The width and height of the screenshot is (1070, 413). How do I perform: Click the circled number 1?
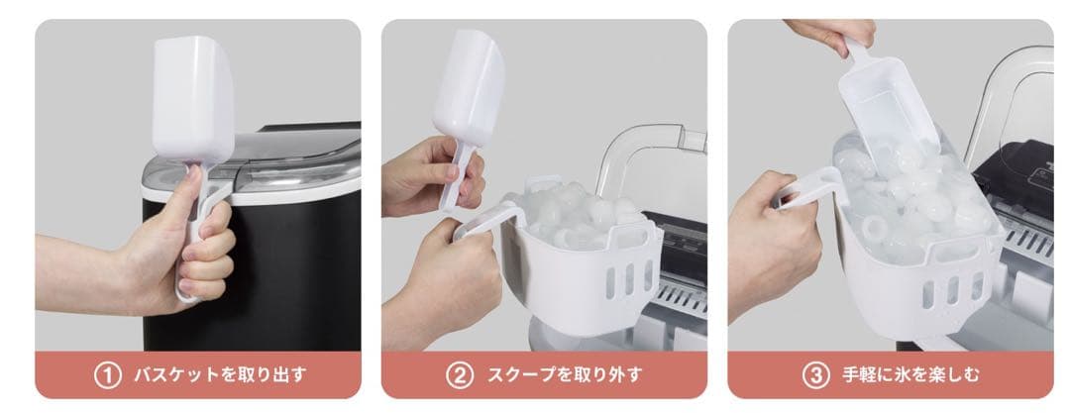pos(107,375)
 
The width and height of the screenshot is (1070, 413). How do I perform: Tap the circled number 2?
pos(459,375)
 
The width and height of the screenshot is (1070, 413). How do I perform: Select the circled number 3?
pos(813,375)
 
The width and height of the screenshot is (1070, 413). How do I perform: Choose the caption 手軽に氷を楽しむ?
pos(908,375)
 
